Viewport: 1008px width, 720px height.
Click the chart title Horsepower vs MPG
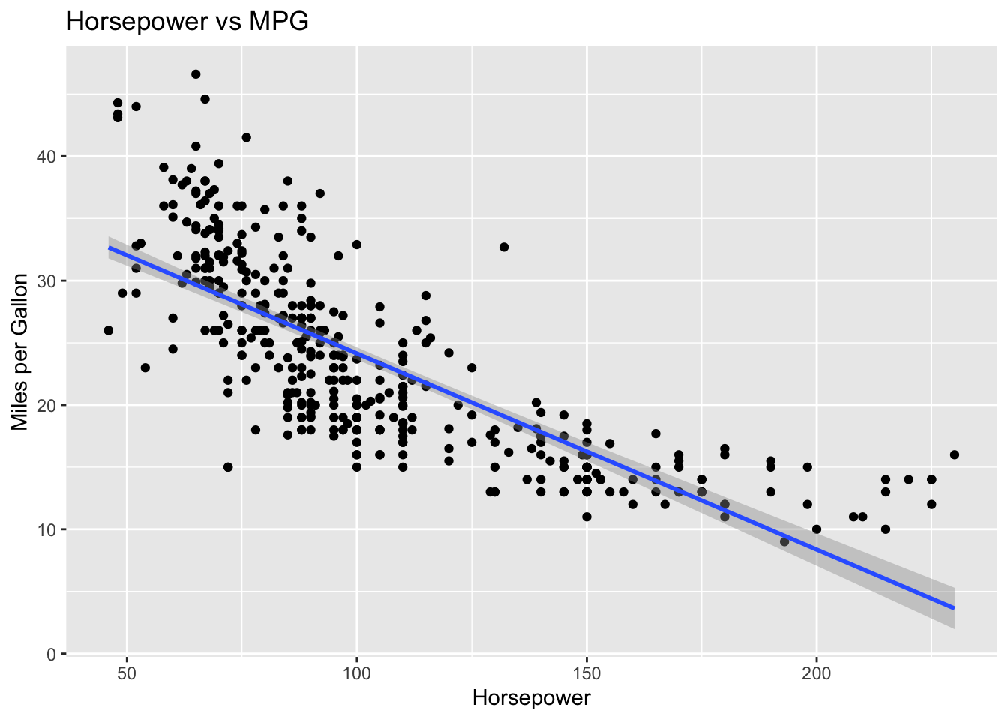click(187, 21)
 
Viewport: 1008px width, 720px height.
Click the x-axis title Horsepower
click(531, 698)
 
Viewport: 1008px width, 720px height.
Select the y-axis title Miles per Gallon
click(19, 352)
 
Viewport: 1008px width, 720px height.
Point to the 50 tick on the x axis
click(127, 673)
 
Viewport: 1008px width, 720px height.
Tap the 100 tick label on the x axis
click(357, 673)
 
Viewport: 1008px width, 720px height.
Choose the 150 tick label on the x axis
click(586, 673)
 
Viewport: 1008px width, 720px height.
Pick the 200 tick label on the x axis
click(817, 673)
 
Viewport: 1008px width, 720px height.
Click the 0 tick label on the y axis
click(51, 654)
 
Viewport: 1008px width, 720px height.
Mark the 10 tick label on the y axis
click(46, 529)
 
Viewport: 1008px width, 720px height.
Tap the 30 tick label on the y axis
click(46, 280)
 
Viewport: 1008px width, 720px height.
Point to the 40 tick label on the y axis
click(46, 157)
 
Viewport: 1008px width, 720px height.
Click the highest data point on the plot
click(196, 74)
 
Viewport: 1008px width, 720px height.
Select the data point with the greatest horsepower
click(955, 455)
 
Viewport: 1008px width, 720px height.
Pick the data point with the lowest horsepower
click(109, 330)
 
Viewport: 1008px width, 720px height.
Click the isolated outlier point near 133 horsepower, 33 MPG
click(504, 247)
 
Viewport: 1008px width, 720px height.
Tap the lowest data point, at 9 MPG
click(784, 541)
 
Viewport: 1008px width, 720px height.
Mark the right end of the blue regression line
click(955, 608)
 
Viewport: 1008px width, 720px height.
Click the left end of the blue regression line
click(109, 247)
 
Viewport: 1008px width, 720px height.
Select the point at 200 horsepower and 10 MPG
click(817, 529)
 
